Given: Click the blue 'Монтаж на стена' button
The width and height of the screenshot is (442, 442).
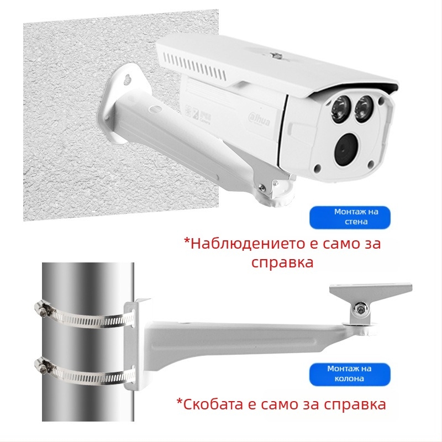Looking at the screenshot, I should [350, 217].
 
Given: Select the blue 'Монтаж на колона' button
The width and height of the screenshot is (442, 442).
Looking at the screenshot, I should [349, 373].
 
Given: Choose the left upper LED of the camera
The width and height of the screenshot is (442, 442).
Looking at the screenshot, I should [339, 108].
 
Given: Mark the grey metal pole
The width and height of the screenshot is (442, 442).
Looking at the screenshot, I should [88, 343].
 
